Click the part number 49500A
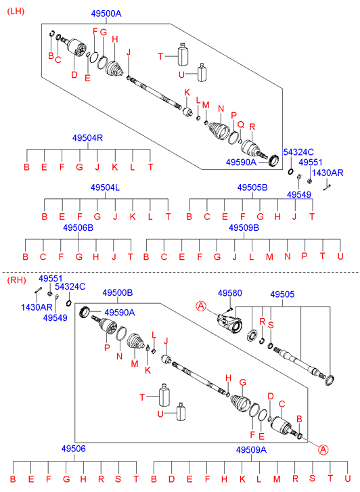[106, 14]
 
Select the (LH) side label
[16, 12]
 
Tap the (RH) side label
[16, 279]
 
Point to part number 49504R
[87, 138]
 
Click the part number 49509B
[244, 227]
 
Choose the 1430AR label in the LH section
[328, 173]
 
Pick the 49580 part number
[230, 293]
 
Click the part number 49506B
[78, 227]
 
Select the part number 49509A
[251, 449]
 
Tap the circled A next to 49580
[201, 306]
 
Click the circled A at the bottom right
[323, 449]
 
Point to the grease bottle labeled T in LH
[183, 54]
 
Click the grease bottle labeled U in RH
[181, 411]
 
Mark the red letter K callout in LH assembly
[187, 93]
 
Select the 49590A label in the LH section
[241, 162]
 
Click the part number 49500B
[117, 292]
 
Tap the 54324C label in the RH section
[70, 286]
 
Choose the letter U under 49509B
[340, 256]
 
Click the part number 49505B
[252, 187]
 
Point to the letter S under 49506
[118, 479]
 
